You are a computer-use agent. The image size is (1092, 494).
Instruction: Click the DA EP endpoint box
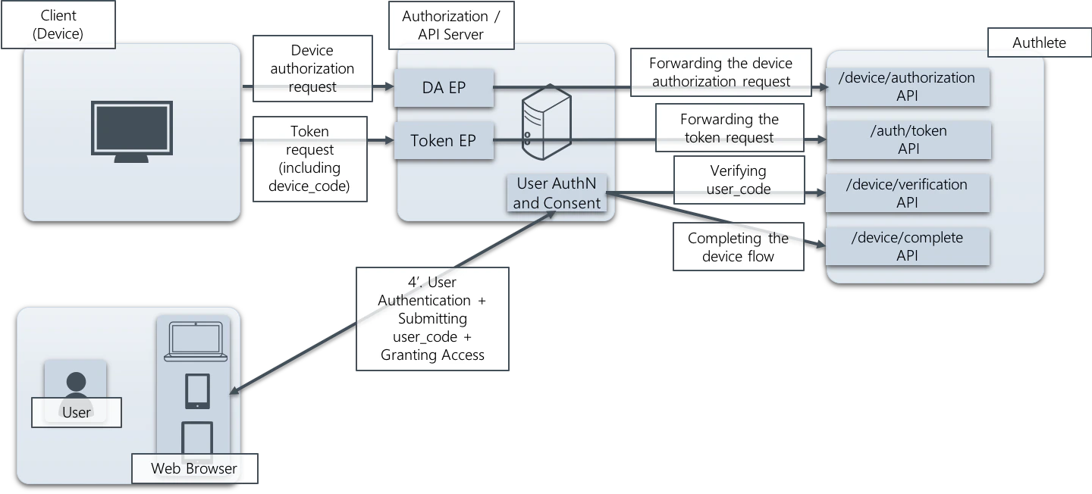444,88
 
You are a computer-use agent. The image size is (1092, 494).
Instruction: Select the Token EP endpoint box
444,140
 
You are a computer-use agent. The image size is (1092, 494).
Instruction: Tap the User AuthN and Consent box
557,193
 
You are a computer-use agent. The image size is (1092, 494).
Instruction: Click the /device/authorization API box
908,86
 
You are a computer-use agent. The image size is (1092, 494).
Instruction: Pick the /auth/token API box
908,139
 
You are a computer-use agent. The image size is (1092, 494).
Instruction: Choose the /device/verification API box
908,193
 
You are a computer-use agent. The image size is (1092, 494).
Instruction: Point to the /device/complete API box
908,246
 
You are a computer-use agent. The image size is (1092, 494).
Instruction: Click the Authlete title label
1039,42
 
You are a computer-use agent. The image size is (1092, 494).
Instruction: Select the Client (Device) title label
58,24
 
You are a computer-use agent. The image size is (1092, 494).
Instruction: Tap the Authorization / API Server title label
450,25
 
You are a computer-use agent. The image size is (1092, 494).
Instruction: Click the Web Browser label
194,468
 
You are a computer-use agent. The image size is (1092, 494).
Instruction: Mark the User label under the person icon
76,412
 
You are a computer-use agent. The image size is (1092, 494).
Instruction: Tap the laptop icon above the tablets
196,341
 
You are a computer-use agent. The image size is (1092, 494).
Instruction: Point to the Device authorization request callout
312,68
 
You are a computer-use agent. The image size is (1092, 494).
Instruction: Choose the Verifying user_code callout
738,180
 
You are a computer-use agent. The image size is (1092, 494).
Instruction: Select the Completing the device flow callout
738,247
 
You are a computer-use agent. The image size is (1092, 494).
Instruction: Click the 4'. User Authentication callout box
431,318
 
